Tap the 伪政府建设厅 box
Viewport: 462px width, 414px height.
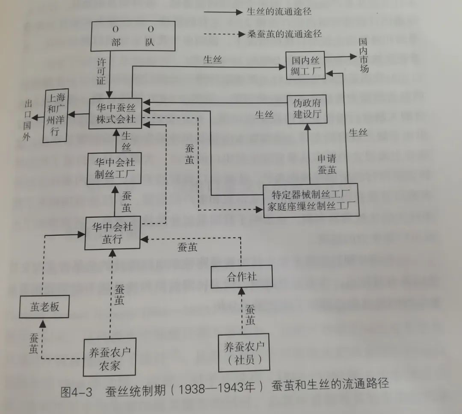(x=307, y=109)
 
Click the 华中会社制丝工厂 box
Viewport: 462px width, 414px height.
(x=114, y=169)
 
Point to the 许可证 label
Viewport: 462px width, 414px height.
(x=101, y=70)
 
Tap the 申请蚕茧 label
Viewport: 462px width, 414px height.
(x=327, y=164)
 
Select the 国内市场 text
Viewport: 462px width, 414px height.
(x=364, y=56)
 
